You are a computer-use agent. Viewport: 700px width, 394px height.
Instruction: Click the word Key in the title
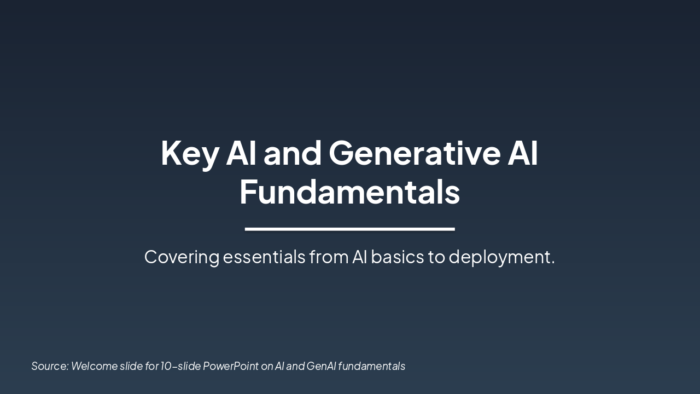[x=189, y=153]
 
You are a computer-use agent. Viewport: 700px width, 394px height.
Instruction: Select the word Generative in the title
[x=415, y=153]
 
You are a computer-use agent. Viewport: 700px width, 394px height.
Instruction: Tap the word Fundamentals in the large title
[x=349, y=192]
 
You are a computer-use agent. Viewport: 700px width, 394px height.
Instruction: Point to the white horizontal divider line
[x=349, y=229]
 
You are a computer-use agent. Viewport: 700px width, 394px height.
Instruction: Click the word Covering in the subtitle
[x=182, y=257]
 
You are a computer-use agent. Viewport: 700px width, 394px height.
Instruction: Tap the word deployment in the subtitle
[x=501, y=257]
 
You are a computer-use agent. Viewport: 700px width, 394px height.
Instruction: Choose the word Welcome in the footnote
[x=94, y=366]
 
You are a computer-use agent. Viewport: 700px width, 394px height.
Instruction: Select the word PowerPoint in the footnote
[x=231, y=366]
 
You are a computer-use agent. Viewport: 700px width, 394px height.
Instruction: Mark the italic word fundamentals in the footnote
[x=371, y=366]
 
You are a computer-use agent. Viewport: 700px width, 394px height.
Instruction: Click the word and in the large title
[x=292, y=153]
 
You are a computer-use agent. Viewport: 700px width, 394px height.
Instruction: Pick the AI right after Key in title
[x=241, y=153]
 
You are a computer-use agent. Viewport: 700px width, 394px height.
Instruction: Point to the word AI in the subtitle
[x=359, y=257]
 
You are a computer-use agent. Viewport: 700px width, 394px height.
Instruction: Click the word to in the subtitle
[x=436, y=257]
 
